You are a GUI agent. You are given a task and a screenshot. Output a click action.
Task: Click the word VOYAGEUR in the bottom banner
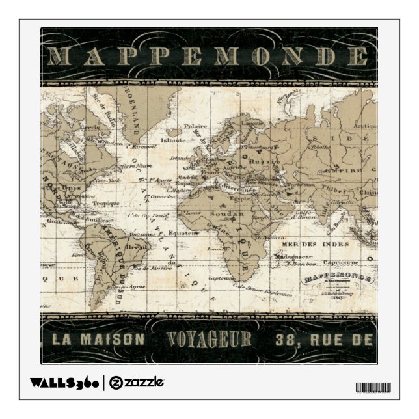click(x=209, y=339)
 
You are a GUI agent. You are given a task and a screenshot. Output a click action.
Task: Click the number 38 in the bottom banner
click(x=286, y=340)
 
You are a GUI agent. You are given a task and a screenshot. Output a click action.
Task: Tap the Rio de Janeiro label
click(x=153, y=267)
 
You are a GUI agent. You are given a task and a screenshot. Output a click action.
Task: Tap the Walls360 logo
click(x=65, y=382)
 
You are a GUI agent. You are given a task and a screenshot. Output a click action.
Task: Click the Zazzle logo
click(x=136, y=382)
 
